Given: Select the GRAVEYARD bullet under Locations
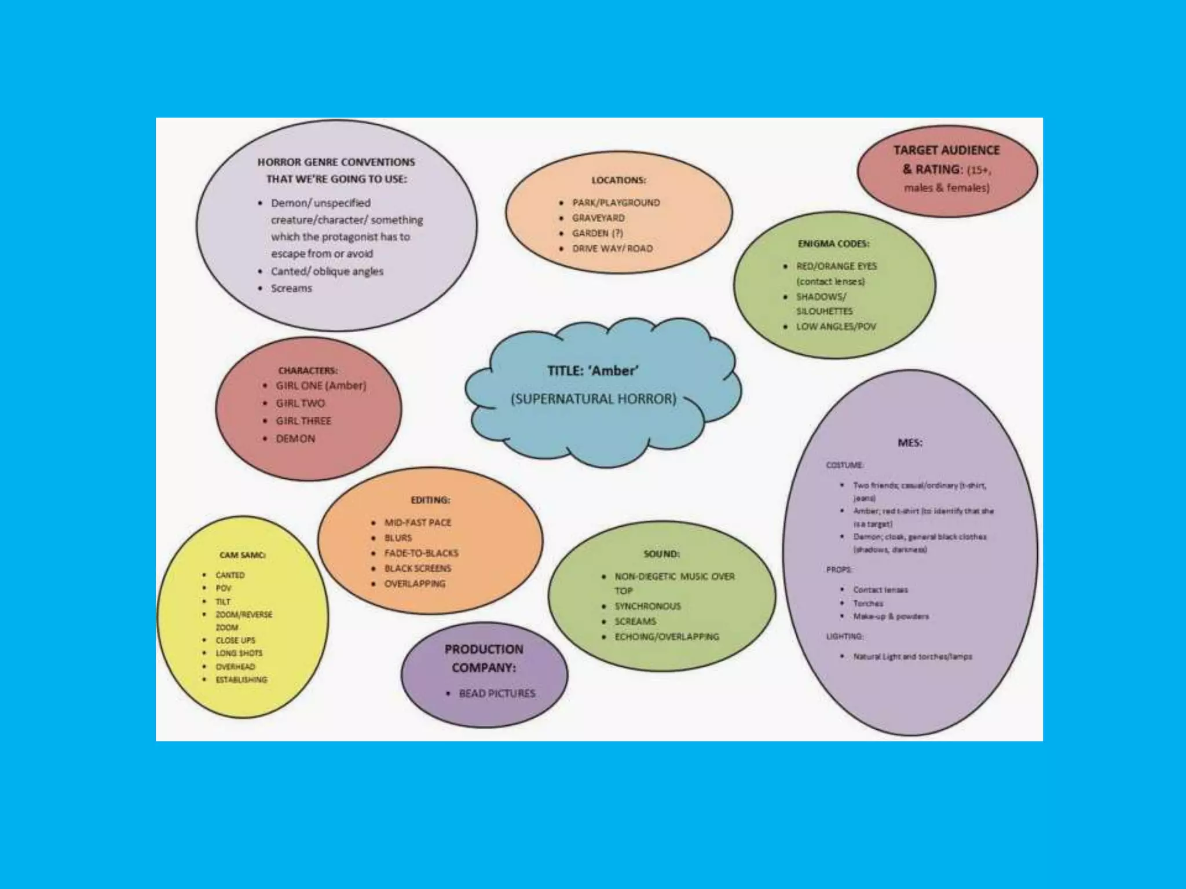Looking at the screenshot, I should point(598,218).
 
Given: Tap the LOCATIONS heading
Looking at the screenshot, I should point(618,181).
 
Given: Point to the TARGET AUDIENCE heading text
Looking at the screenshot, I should point(946,150).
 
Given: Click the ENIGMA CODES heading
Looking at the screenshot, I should point(833,244).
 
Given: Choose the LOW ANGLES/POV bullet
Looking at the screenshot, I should point(836,326).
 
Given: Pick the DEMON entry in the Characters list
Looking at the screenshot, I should point(295,439).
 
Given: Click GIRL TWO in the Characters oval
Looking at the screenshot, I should point(300,403).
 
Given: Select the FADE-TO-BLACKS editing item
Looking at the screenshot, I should point(421,553).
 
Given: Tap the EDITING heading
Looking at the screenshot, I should point(430,500).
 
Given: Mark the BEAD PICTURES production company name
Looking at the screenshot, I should point(497,693).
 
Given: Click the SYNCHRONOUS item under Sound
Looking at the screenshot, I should point(647,606).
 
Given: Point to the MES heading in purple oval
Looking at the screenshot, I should point(910,443).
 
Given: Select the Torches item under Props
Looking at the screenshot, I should point(867,603).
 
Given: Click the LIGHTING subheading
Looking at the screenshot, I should point(844,636).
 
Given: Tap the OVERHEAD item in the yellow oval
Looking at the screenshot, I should point(235,667).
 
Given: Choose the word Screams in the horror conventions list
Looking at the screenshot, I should point(291,288).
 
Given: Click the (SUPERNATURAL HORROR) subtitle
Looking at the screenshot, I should point(593,399).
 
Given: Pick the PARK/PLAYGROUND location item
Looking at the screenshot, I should point(616,203).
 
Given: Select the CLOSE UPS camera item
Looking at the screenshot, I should point(235,640).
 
